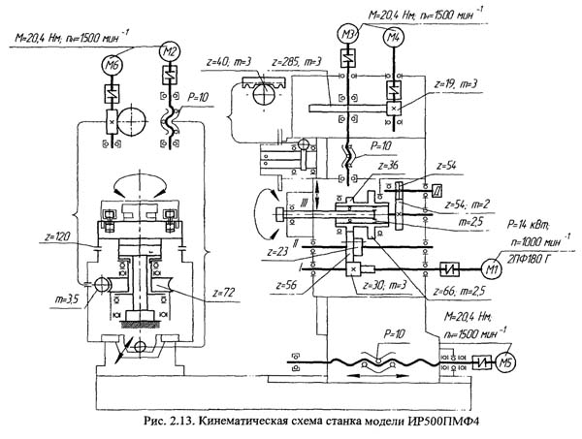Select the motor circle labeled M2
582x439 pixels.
point(169,51)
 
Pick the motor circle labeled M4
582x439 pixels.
point(392,37)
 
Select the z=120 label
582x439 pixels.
point(57,235)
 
